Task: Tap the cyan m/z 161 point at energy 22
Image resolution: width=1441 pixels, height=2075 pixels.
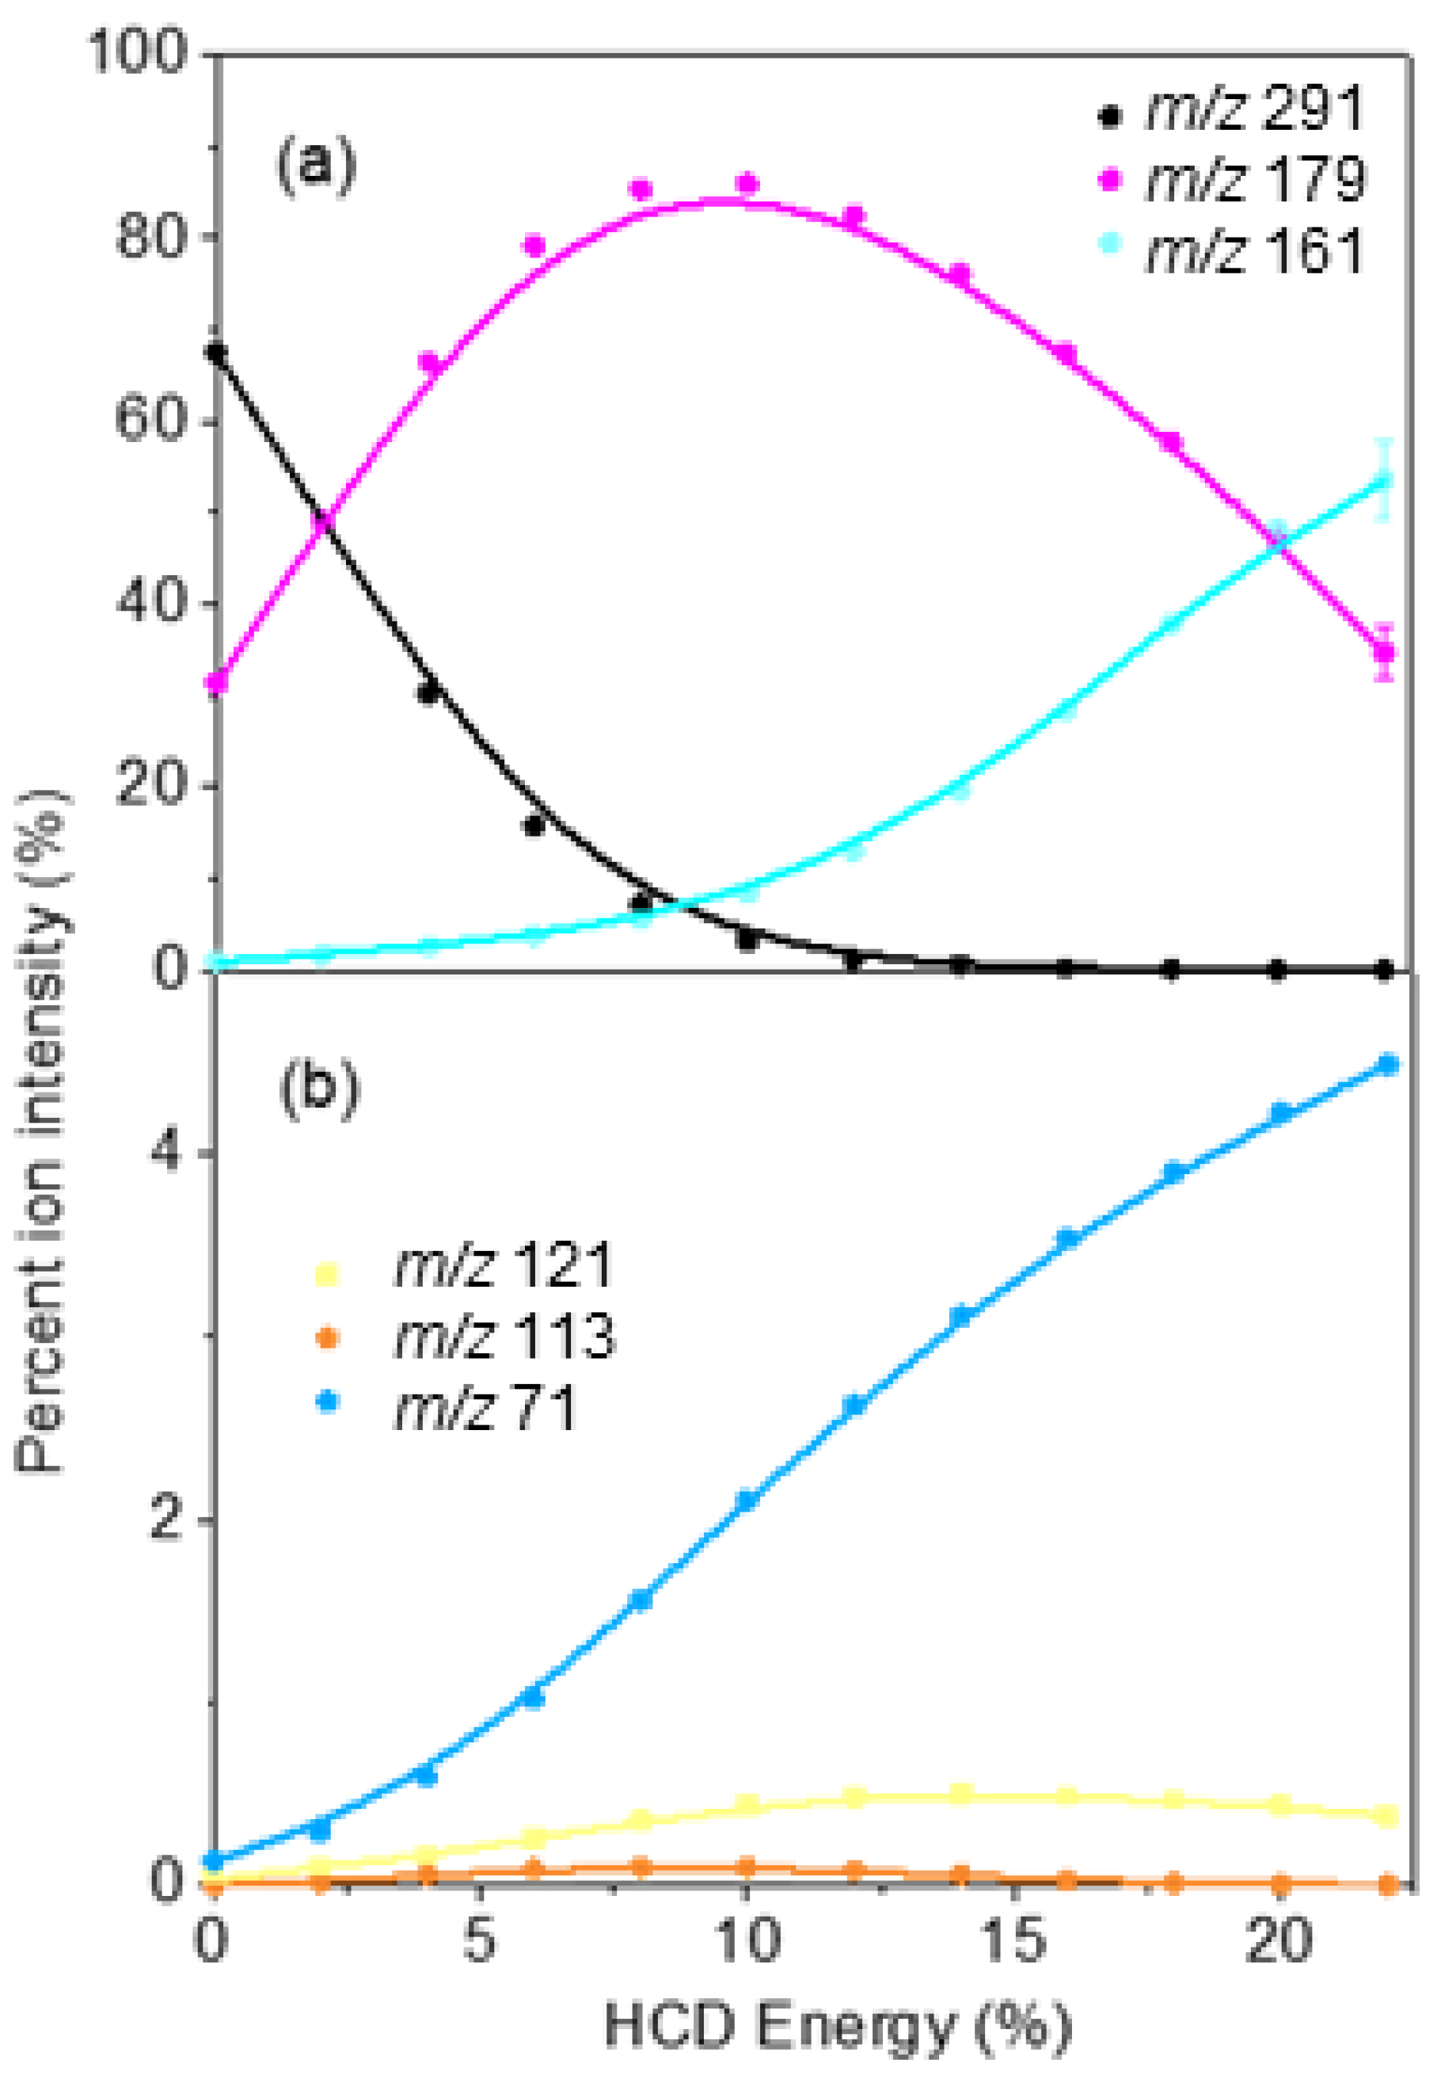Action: [x=1384, y=481]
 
